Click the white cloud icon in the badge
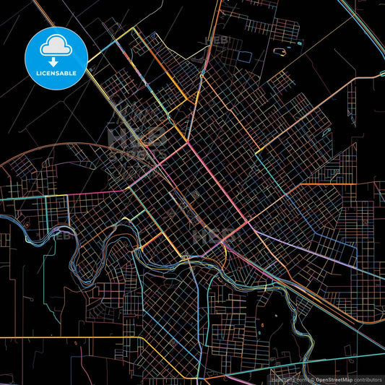click(56, 46)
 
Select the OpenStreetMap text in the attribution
click(325, 379)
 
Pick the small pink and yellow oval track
click(278, 52)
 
